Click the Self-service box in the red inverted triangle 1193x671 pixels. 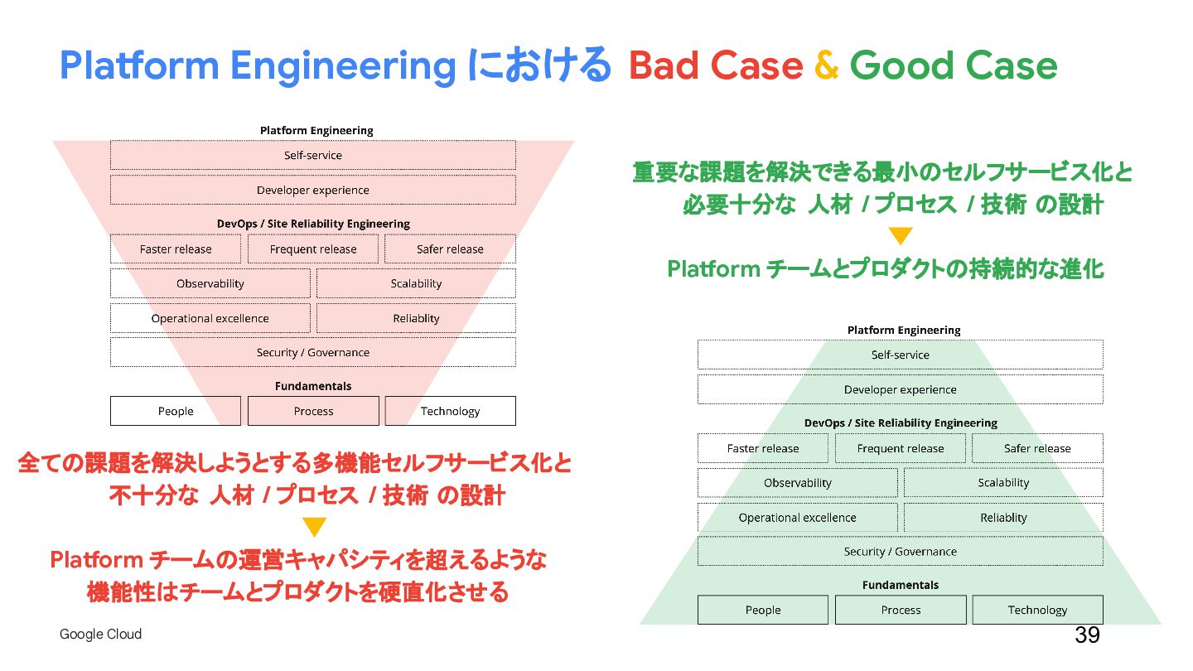(x=312, y=155)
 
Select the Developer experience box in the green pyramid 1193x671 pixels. (x=900, y=389)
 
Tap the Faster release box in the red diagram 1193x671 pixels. (x=176, y=249)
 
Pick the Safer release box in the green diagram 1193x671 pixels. (x=1037, y=448)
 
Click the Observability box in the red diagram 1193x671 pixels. (x=210, y=283)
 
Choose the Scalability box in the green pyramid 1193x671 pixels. (x=1003, y=483)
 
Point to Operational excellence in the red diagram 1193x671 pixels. (x=210, y=318)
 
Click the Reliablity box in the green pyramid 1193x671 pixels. (x=1003, y=518)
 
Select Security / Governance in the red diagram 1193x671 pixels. (x=312, y=352)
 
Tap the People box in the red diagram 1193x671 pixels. (x=176, y=411)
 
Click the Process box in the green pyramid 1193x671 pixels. (x=901, y=610)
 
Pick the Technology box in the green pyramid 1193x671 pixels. (x=1037, y=610)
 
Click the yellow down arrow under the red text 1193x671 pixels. (x=314, y=527)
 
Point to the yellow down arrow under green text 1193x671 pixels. (x=901, y=236)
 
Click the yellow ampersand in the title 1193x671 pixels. (x=826, y=65)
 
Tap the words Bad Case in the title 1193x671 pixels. (x=715, y=65)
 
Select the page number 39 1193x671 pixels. (x=1087, y=635)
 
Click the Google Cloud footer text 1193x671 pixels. (x=100, y=634)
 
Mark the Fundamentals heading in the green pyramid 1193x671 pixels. (x=901, y=585)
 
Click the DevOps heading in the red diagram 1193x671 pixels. (x=313, y=224)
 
